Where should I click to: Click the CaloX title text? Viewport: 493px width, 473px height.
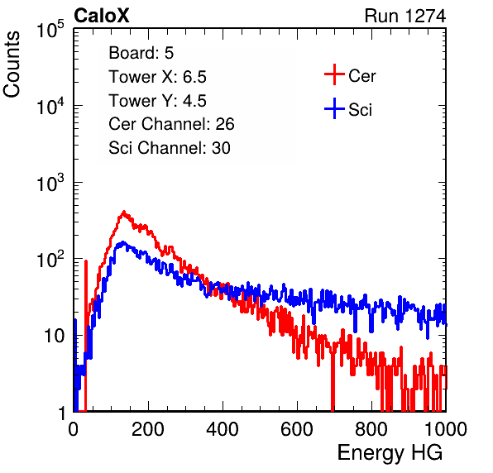click(x=101, y=16)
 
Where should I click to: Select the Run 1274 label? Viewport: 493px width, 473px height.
click(x=405, y=16)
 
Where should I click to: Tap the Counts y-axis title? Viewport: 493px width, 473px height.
click(x=12, y=64)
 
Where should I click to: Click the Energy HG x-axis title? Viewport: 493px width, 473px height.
click(x=390, y=452)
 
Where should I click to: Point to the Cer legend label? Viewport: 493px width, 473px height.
click(x=361, y=76)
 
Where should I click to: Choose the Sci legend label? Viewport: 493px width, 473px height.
click(x=361, y=110)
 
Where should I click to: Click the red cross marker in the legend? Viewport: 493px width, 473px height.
click(x=334, y=74)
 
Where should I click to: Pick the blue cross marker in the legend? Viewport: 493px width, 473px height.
click(x=334, y=108)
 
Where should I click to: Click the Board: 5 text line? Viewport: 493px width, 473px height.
click(x=141, y=53)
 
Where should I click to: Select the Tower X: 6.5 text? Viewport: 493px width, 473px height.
click(x=157, y=77)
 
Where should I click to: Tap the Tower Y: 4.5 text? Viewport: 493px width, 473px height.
click(x=157, y=101)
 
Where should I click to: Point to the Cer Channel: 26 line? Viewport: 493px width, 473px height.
click(x=171, y=124)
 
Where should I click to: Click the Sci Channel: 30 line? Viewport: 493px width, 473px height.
click(x=170, y=148)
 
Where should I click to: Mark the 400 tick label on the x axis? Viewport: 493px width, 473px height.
click(x=223, y=429)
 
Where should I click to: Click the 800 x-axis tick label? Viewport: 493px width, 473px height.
click(x=371, y=429)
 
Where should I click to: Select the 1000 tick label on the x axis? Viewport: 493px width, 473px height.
click(x=446, y=429)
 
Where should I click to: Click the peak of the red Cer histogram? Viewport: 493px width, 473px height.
click(x=123, y=212)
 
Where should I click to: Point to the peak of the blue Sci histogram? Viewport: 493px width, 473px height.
click(x=123, y=242)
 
